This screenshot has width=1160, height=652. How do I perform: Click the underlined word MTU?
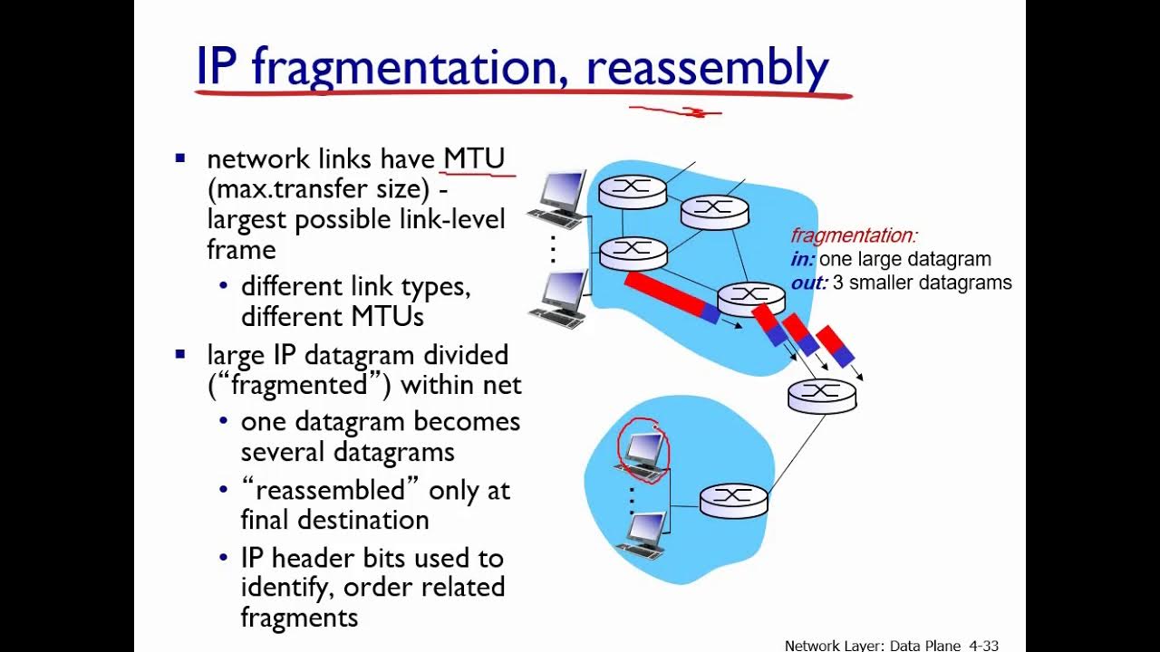pyautogui.click(x=473, y=158)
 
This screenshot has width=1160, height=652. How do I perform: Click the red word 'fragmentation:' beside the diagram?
pyautogui.click(x=854, y=235)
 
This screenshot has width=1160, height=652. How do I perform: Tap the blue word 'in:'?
pyautogui.click(x=802, y=260)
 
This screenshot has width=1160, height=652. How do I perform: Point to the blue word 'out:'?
pyautogui.click(x=808, y=283)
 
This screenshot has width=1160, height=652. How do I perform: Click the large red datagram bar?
pyautogui.click(x=667, y=293)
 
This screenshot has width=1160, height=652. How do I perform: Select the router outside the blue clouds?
pyautogui.click(x=822, y=396)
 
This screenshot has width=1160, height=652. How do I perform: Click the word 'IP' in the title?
pyautogui.click(x=217, y=67)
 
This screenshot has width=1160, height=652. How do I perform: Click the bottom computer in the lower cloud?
pyautogui.click(x=644, y=532)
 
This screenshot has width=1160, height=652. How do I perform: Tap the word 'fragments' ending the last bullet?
pyautogui.click(x=299, y=618)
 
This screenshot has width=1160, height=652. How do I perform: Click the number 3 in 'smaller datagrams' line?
pyautogui.click(x=838, y=283)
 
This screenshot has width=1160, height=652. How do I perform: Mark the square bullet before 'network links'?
pyautogui.click(x=179, y=159)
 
